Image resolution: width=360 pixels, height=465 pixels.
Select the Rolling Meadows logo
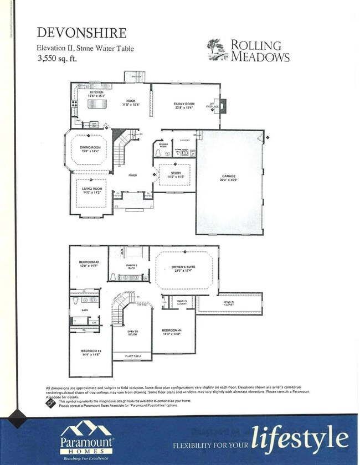coord(248,50)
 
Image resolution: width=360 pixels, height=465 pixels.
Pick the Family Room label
coord(184,106)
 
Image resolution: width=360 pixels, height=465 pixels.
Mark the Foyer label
coord(133,175)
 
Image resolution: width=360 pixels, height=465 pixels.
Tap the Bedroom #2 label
coord(89,263)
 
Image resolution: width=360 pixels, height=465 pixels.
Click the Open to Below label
coord(133,333)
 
